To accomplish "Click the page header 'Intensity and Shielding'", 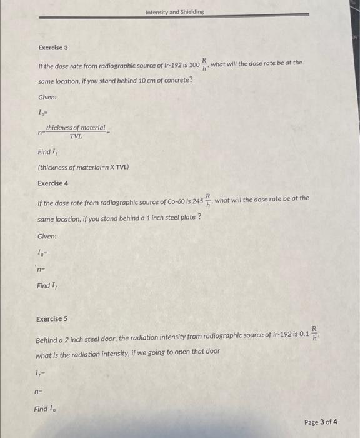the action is pyautogui.click(x=174, y=12).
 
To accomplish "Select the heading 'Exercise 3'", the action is pyautogui.click(x=53, y=48).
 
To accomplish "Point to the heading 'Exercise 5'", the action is pyautogui.click(x=52, y=318).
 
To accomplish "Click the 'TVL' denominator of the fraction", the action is pyautogui.click(x=76, y=135).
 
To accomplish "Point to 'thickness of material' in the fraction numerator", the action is pyautogui.click(x=76, y=127).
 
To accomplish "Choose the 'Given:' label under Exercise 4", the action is pyautogui.click(x=47, y=236).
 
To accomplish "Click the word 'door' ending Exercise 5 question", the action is pyautogui.click(x=212, y=352).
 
